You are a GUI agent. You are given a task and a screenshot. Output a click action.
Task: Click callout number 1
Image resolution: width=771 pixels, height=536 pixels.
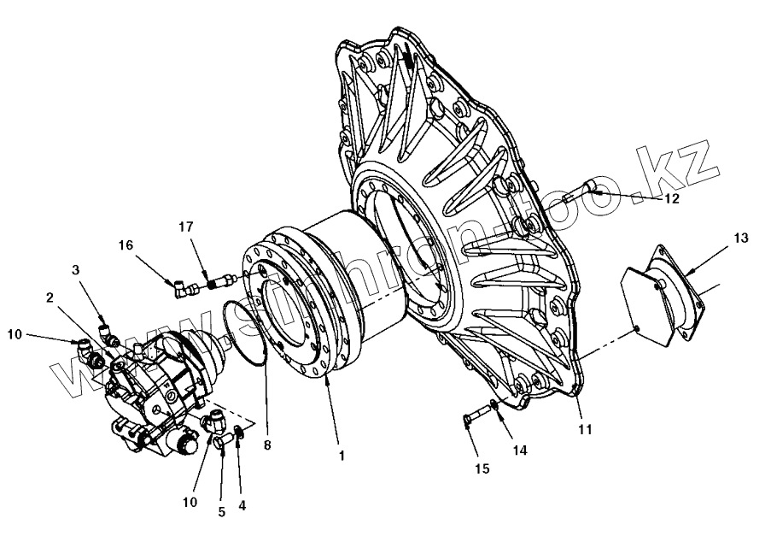(342, 456)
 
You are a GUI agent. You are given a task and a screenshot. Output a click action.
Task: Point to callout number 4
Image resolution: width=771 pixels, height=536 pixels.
(242, 505)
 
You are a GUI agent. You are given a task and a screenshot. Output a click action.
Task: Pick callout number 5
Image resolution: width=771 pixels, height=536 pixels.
(221, 512)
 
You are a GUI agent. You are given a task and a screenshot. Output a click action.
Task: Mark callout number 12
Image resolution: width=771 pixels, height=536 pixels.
(672, 198)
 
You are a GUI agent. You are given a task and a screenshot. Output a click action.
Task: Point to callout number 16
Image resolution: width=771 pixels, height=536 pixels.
(126, 244)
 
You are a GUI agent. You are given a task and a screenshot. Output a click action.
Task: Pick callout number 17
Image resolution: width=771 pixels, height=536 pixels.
(185, 227)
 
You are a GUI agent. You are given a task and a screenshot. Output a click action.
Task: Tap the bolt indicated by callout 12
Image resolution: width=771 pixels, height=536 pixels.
(589, 189)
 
